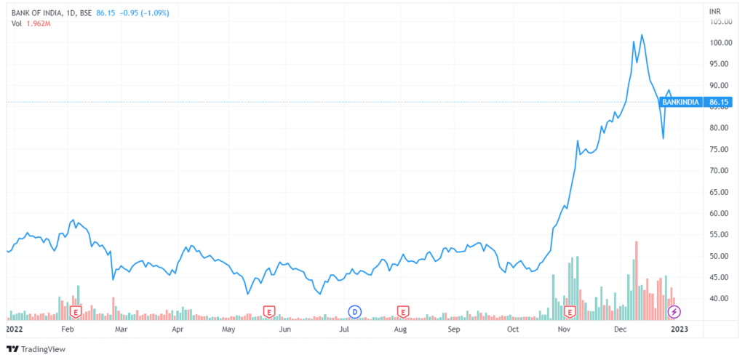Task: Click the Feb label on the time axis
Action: click(x=68, y=329)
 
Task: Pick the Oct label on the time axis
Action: click(x=513, y=329)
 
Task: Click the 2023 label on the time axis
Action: click(x=677, y=329)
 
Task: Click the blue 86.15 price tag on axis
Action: click(x=719, y=103)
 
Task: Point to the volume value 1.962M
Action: click(x=39, y=23)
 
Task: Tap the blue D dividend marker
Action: click(x=355, y=312)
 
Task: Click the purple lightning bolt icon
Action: click(x=674, y=312)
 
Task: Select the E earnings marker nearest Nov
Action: click(x=571, y=312)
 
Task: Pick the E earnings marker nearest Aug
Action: click(x=402, y=312)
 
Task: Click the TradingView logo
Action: click(x=36, y=349)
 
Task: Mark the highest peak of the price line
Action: click(x=642, y=34)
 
